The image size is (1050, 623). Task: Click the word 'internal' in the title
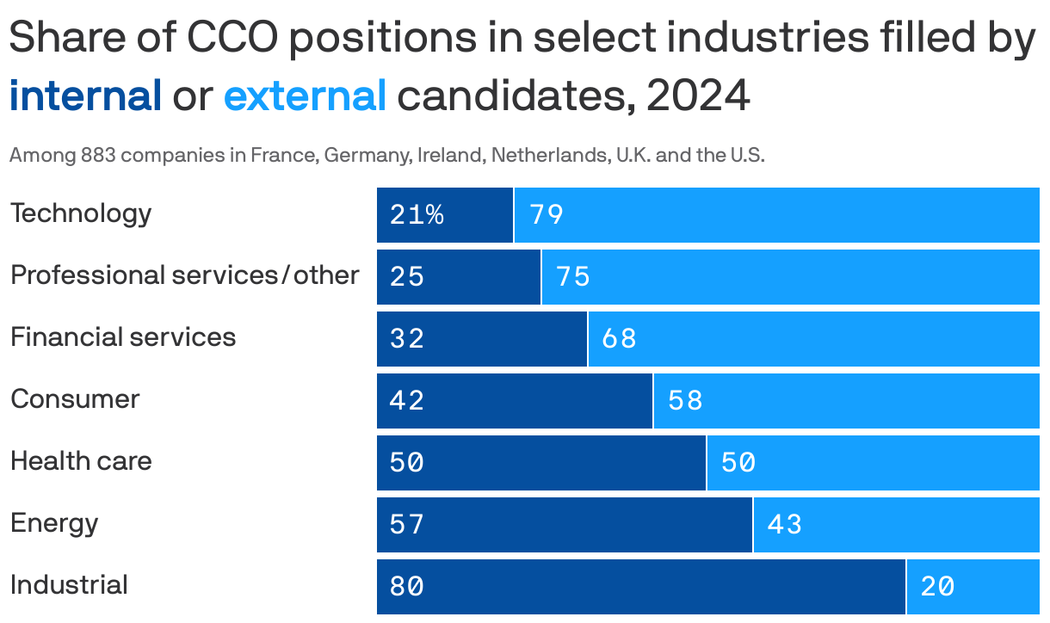pyautogui.click(x=85, y=96)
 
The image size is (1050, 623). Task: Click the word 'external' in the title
pyautogui.click(x=305, y=96)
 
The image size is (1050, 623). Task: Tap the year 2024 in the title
pyautogui.click(x=698, y=96)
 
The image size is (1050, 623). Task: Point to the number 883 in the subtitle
pyautogui.click(x=98, y=157)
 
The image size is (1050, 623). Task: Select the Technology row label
pyautogui.click(x=81, y=213)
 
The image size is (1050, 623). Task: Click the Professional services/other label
pyautogui.click(x=184, y=275)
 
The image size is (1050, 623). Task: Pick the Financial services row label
pyautogui.click(x=123, y=337)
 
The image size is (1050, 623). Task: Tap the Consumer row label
pyautogui.click(x=75, y=399)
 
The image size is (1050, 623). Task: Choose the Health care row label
pyautogui.click(x=81, y=461)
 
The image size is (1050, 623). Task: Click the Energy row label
pyautogui.click(x=54, y=523)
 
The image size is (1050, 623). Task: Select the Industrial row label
pyautogui.click(x=69, y=585)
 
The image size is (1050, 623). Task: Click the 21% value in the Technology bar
pyautogui.click(x=417, y=215)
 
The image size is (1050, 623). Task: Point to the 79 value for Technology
pyautogui.click(x=547, y=215)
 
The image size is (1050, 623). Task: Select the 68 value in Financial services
pyautogui.click(x=619, y=339)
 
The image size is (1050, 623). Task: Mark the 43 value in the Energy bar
pyautogui.click(x=784, y=525)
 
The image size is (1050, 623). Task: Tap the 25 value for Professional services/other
pyautogui.click(x=407, y=277)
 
